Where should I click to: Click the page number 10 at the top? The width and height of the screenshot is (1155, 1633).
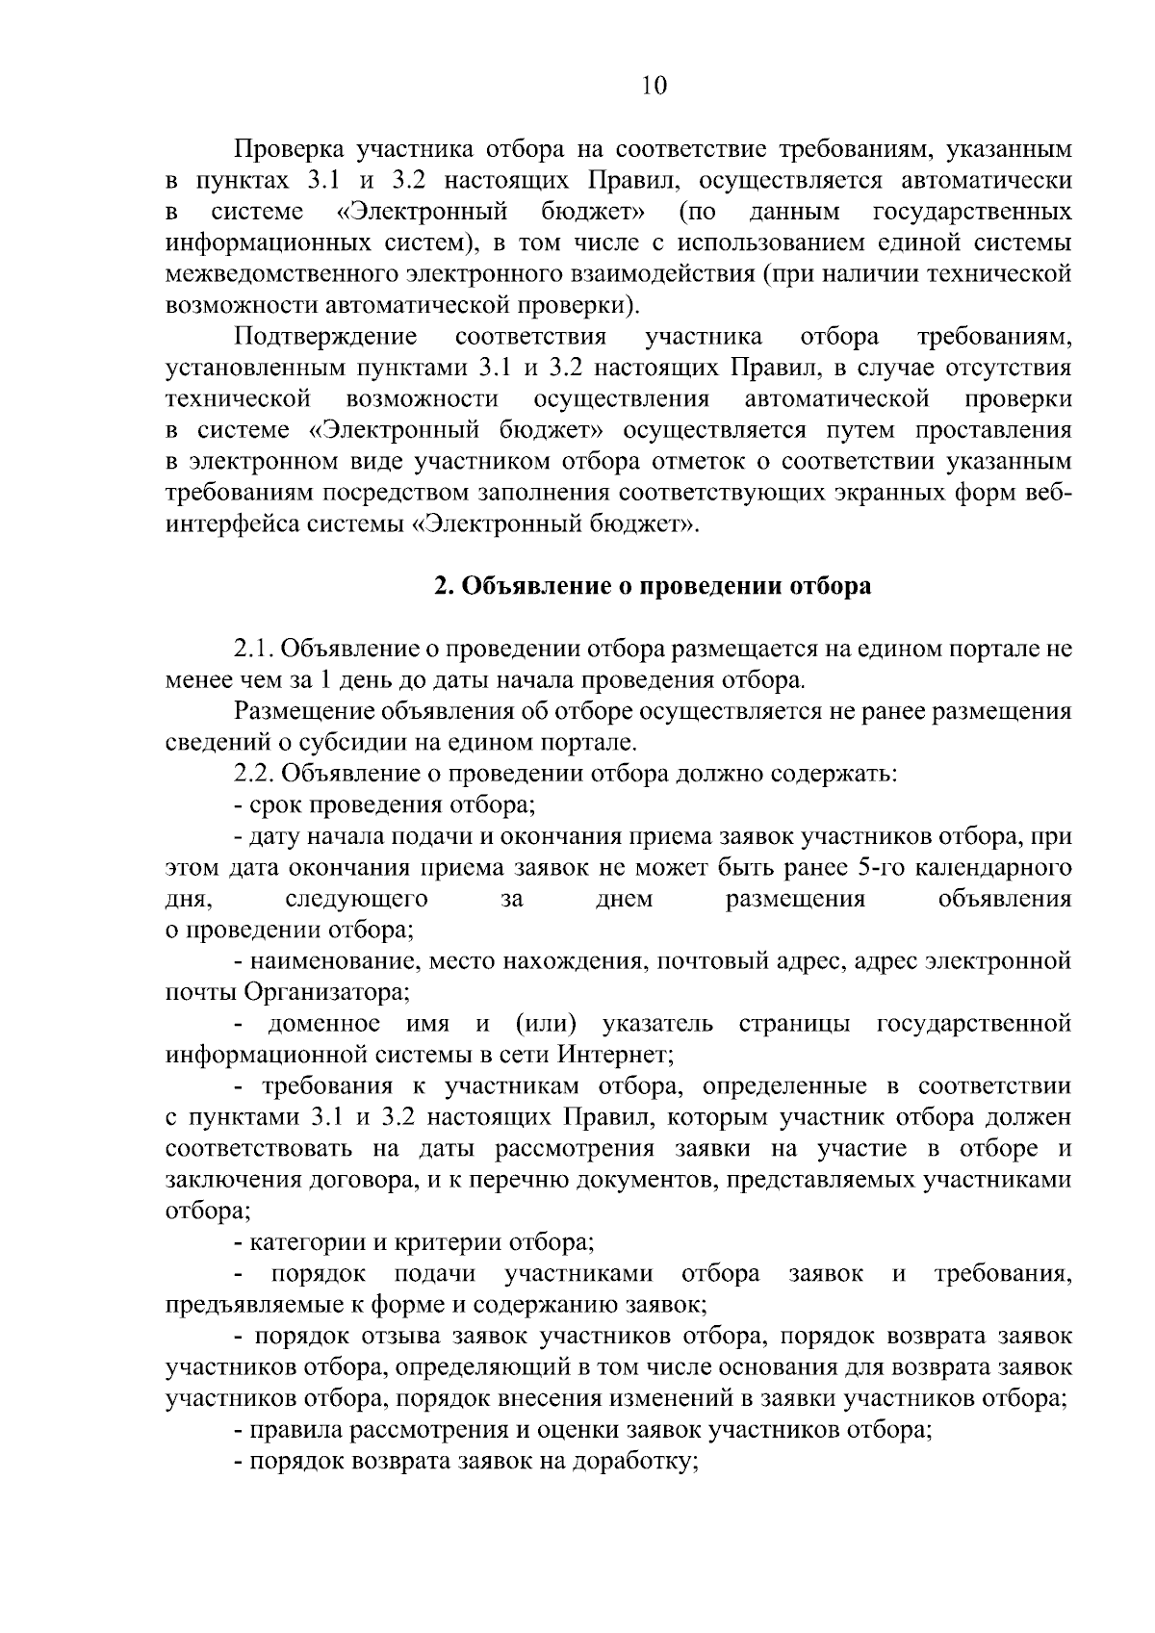[x=653, y=87]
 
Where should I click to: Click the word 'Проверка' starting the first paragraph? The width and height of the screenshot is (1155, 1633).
[x=289, y=149]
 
